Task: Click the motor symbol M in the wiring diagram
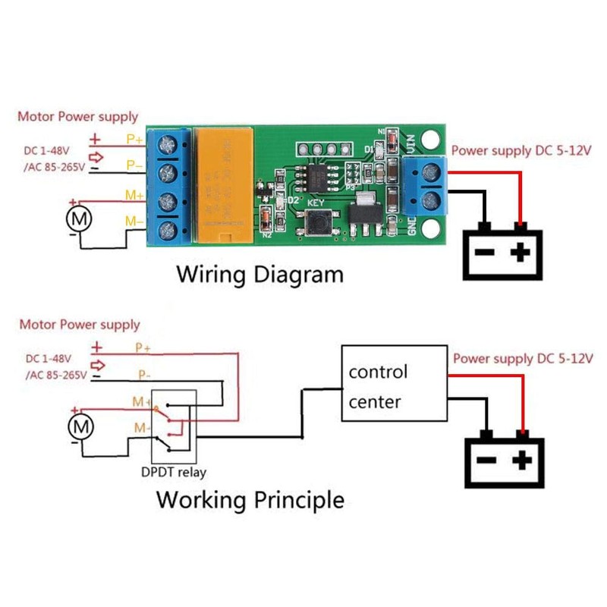pos(79,220)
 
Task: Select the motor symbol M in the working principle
pos(80,426)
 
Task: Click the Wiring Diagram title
pos(259,274)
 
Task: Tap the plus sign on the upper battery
pos(521,253)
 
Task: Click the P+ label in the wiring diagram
pos(135,140)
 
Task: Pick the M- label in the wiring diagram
pos(134,221)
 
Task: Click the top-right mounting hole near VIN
pos(432,140)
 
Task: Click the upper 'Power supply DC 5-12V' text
pos(521,150)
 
